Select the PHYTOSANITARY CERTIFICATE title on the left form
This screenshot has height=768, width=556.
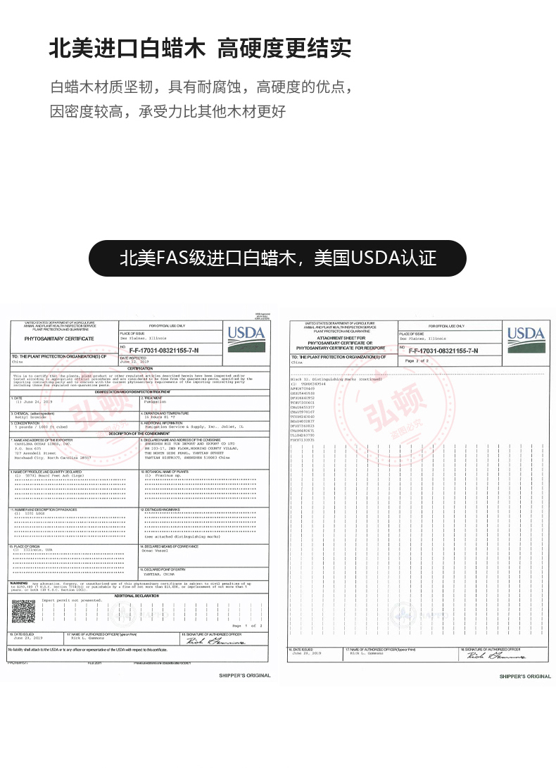(59, 339)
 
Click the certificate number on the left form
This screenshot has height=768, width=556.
(164, 349)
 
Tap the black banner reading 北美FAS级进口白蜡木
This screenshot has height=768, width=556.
(278, 258)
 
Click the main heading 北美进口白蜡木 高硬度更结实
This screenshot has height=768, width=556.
(200, 49)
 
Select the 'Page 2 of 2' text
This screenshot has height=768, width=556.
(417, 360)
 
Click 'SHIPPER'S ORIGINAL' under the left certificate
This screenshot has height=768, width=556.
(244, 675)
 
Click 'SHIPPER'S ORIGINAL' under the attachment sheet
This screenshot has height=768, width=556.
(525, 676)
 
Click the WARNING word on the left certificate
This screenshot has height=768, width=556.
(18, 583)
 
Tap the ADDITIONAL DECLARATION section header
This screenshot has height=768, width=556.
(138, 595)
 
